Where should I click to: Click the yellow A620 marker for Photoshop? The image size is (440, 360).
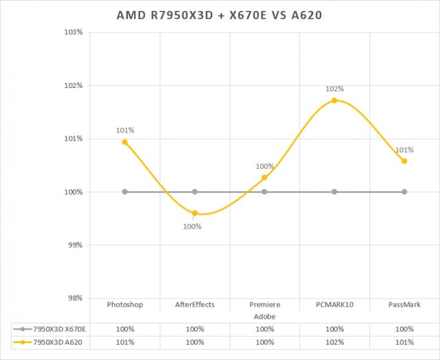124,142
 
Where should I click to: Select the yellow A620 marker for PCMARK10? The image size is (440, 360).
334,100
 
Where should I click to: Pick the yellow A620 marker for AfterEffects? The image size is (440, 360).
195,213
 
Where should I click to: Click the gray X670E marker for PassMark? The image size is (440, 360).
404,192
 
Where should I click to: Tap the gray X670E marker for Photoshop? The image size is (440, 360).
124,192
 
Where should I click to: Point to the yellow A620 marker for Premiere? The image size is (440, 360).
265,178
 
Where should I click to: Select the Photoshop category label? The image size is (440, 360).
125,304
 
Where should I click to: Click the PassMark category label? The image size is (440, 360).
404,304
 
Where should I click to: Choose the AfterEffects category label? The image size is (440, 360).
195,304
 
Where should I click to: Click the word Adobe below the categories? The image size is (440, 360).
265,315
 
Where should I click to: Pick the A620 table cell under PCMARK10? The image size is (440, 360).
334,341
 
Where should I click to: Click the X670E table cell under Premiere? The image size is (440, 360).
265,328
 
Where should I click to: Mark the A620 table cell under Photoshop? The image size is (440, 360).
125,341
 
